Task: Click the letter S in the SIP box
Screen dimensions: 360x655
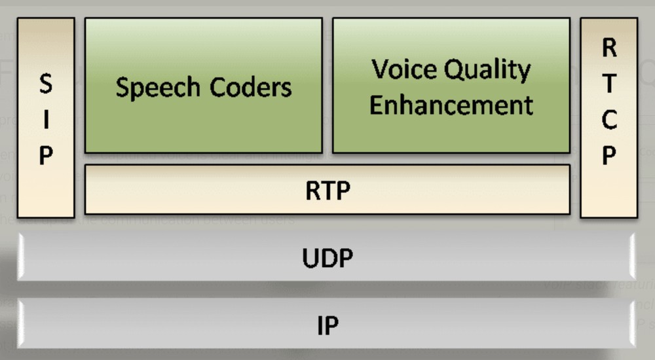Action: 46,84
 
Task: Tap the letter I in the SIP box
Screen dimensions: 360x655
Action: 46,120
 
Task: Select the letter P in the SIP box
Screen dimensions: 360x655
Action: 46,156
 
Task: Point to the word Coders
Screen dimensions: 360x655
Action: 252,87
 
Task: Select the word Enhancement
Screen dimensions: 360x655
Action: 451,105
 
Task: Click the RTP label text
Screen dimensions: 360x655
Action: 327,190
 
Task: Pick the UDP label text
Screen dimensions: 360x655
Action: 327,258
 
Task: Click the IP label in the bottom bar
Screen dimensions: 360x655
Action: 327,325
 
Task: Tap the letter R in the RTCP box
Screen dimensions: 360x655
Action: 609,47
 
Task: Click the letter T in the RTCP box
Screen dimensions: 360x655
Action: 609,83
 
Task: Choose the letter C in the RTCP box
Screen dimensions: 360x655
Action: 609,120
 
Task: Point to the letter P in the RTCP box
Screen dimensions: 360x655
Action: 609,156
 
